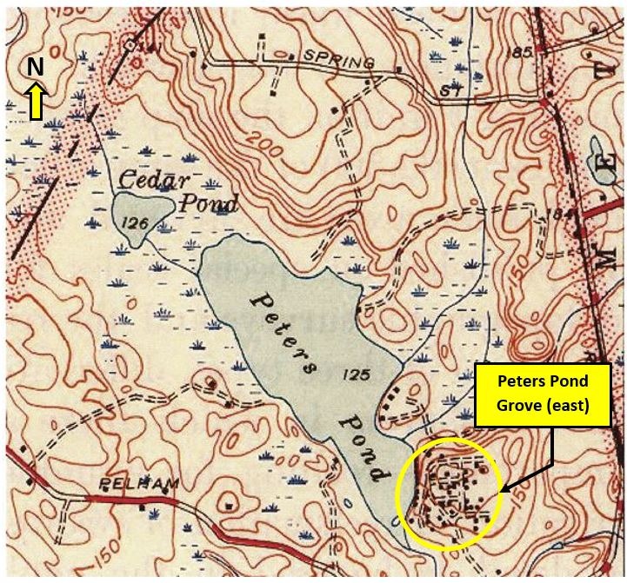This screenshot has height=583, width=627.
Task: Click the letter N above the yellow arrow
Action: click(x=35, y=68)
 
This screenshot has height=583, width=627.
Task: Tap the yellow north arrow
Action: click(x=35, y=99)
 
